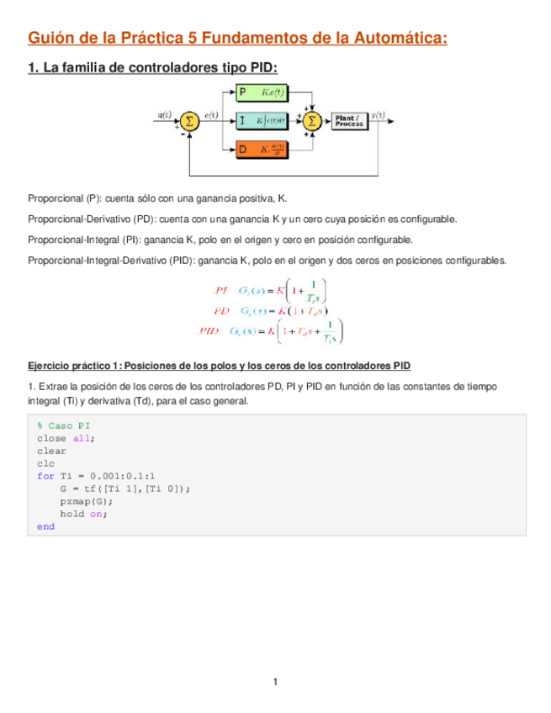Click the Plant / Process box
coord(348,121)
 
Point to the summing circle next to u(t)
coord(189,120)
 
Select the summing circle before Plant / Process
coord(312,120)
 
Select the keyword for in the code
coord(45,476)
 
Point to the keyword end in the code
coord(45,526)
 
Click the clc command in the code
coord(45,463)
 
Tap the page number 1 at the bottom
coord(275,681)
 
